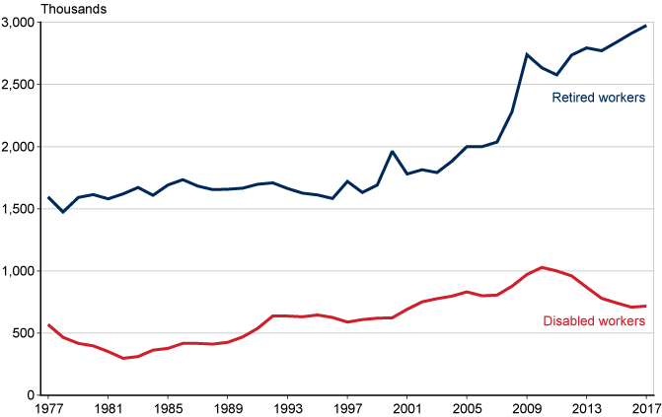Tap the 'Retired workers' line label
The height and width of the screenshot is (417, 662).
point(598,98)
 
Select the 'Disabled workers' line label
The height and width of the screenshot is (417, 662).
point(595,321)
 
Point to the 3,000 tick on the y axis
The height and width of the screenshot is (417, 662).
point(20,23)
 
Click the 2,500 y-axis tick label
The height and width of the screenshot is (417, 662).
point(20,85)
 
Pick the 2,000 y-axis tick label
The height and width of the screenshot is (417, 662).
point(20,147)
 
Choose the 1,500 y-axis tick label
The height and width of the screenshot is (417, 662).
point(20,209)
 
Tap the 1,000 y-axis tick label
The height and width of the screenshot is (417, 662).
point(20,271)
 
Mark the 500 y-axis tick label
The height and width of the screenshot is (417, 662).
point(26,333)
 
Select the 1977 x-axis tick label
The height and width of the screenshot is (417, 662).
point(48,408)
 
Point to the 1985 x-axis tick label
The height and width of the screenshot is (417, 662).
point(168,408)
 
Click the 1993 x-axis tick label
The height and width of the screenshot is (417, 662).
point(288,408)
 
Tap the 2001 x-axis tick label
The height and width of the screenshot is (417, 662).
point(407,408)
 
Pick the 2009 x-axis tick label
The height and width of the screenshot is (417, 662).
point(527,408)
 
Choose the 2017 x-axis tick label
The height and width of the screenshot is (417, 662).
point(645,408)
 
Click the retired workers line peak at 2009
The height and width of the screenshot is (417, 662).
point(527,54)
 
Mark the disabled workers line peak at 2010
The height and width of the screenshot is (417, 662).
point(542,267)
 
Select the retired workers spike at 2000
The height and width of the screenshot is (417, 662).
point(393,152)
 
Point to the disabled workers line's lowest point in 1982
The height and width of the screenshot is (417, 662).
point(123,358)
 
